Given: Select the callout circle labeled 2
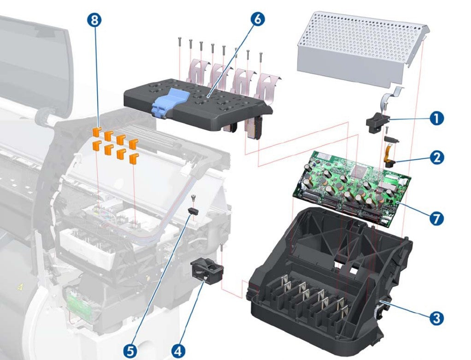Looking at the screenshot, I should (x=435, y=157).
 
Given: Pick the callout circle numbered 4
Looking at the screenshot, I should (x=178, y=351).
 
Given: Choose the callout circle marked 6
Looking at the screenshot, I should (x=258, y=19).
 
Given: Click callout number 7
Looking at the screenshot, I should (x=436, y=218).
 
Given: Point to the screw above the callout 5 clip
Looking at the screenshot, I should (x=194, y=199).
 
